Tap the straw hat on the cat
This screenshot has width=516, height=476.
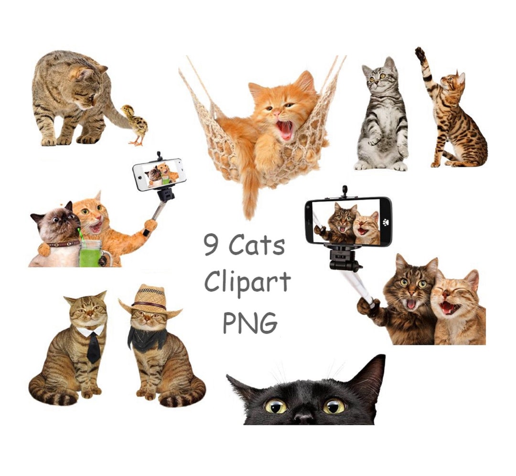click(150, 300)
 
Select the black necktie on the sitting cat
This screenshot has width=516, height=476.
click(94, 346)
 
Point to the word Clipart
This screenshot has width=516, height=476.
click(247, 282)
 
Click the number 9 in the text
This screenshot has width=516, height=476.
click(212, 244)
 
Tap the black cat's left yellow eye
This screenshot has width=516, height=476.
click(276, 406)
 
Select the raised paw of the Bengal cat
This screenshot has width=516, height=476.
click(420, 54)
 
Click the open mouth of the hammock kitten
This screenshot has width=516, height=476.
click(285, 130)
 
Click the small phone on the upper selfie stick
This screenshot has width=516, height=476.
click(159, 174)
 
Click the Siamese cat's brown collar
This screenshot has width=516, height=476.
click(63, 243)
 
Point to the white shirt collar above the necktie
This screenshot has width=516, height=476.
click(91, 330)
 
